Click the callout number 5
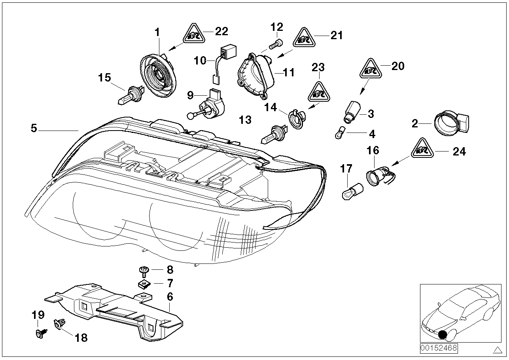(34, 129)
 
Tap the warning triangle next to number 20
(370, 70)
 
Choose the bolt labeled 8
(144, 271)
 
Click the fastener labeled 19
(40, 333)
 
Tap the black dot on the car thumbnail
(443, 335)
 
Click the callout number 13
(245, 120)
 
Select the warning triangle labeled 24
(424, 149)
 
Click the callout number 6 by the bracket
(170, 296)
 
